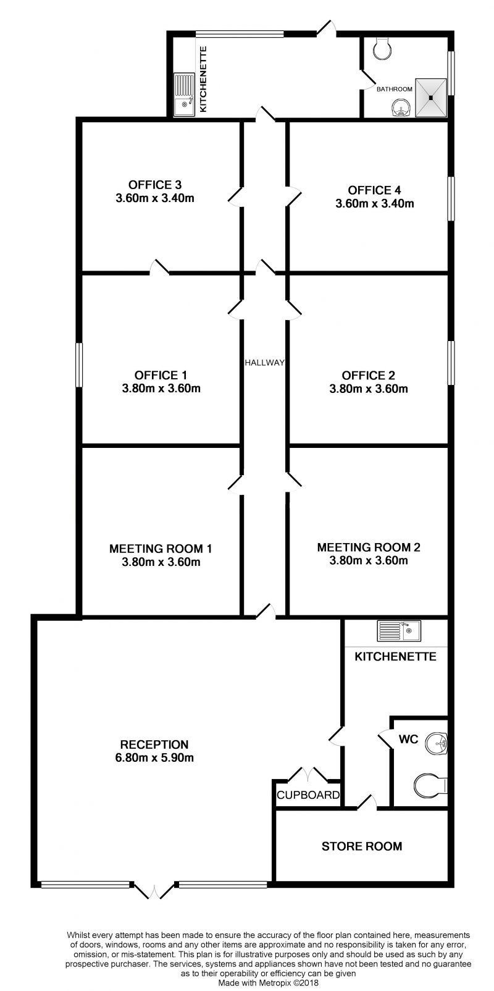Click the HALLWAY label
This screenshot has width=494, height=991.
click(264, 363)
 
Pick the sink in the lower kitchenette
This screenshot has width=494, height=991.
click(400, 631)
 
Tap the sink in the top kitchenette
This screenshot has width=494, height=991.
click(184, 95)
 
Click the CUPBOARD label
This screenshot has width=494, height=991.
click(308, 795)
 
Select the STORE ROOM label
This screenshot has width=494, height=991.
click(362, 846)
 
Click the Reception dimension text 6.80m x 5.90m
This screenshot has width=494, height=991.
click(154, 757)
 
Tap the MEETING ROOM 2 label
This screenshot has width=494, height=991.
click(369, 547)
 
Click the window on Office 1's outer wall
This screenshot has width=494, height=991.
click(78, 365)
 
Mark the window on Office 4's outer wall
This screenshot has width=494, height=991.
click(451, 198)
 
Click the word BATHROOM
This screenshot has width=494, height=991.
click(394, 89)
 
